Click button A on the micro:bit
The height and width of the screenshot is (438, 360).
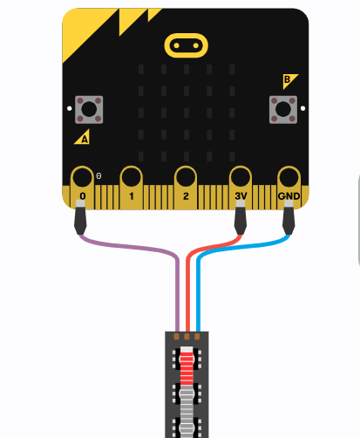(x=89, y=110)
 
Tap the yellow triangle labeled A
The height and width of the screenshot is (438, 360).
(x=83, y=138)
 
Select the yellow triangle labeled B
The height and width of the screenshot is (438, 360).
(x=289, y=80)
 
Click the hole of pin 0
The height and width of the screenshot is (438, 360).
(x=82, y=177)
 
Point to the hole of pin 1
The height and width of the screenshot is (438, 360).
(x=132, y=177)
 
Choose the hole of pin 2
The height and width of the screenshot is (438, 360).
(x=186, y=177)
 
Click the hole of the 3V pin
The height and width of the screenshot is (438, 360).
(x=241, y=177)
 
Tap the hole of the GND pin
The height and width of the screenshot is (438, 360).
(x=289, y=177)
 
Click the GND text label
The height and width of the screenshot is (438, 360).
(x=289, y=196)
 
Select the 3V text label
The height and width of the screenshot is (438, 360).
(x=241, y=196)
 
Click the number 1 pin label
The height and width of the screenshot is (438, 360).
(x=132, y=196)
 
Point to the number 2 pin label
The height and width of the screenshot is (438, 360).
(x=186, y=196)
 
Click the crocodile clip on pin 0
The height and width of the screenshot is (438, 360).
(x=80, y=217)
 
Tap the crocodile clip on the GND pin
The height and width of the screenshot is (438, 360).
(x=289, y=217)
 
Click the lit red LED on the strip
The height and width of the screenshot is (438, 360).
(x=187, y=365)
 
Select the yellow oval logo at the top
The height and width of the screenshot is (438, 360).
(x=187, y=45)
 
